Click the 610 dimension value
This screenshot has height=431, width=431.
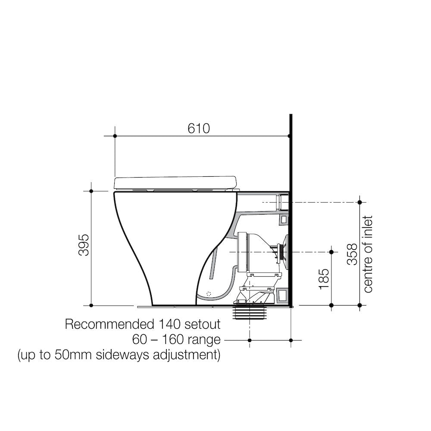(199, 128)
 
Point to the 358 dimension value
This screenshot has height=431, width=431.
(352, 254)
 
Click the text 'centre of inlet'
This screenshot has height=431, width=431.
(368, 254)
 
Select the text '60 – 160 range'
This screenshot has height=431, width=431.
(176, 340)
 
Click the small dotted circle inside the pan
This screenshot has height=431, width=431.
(209, 294)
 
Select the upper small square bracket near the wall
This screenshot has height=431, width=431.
(283, 219)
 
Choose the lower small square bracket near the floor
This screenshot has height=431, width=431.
(283, 295)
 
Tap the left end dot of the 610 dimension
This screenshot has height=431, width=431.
(115, 136)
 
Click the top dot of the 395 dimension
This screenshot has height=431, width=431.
(91, 191)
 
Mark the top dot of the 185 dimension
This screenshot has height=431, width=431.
(331, 251)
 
